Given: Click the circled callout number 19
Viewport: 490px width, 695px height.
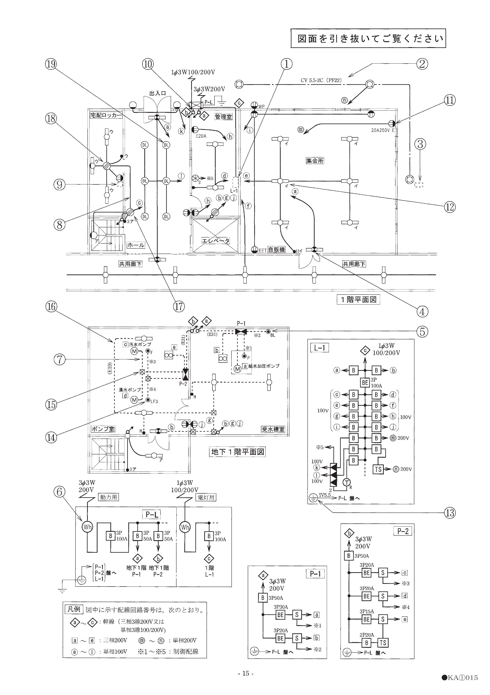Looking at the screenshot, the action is tap(52, 64).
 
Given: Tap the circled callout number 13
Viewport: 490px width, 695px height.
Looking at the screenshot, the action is tap(450, 513).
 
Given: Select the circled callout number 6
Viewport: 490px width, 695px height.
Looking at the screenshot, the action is tap(59, 492).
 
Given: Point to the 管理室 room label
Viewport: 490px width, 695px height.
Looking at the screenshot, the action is tap(223, 116).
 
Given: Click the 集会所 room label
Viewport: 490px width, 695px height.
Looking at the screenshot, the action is tap(315, 160).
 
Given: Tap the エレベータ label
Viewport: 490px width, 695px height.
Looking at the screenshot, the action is tap(215, 241).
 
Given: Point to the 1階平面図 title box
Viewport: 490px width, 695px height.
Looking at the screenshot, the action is tap(358, 299).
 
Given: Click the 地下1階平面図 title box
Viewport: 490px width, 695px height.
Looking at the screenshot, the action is tap(237, 452).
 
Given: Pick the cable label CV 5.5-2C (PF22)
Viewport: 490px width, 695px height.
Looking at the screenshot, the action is tap(321, 80).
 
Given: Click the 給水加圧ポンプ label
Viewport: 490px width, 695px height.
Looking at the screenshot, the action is tap(264, 366).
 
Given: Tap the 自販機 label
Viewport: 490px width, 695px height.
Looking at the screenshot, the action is tap(276, 250).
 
